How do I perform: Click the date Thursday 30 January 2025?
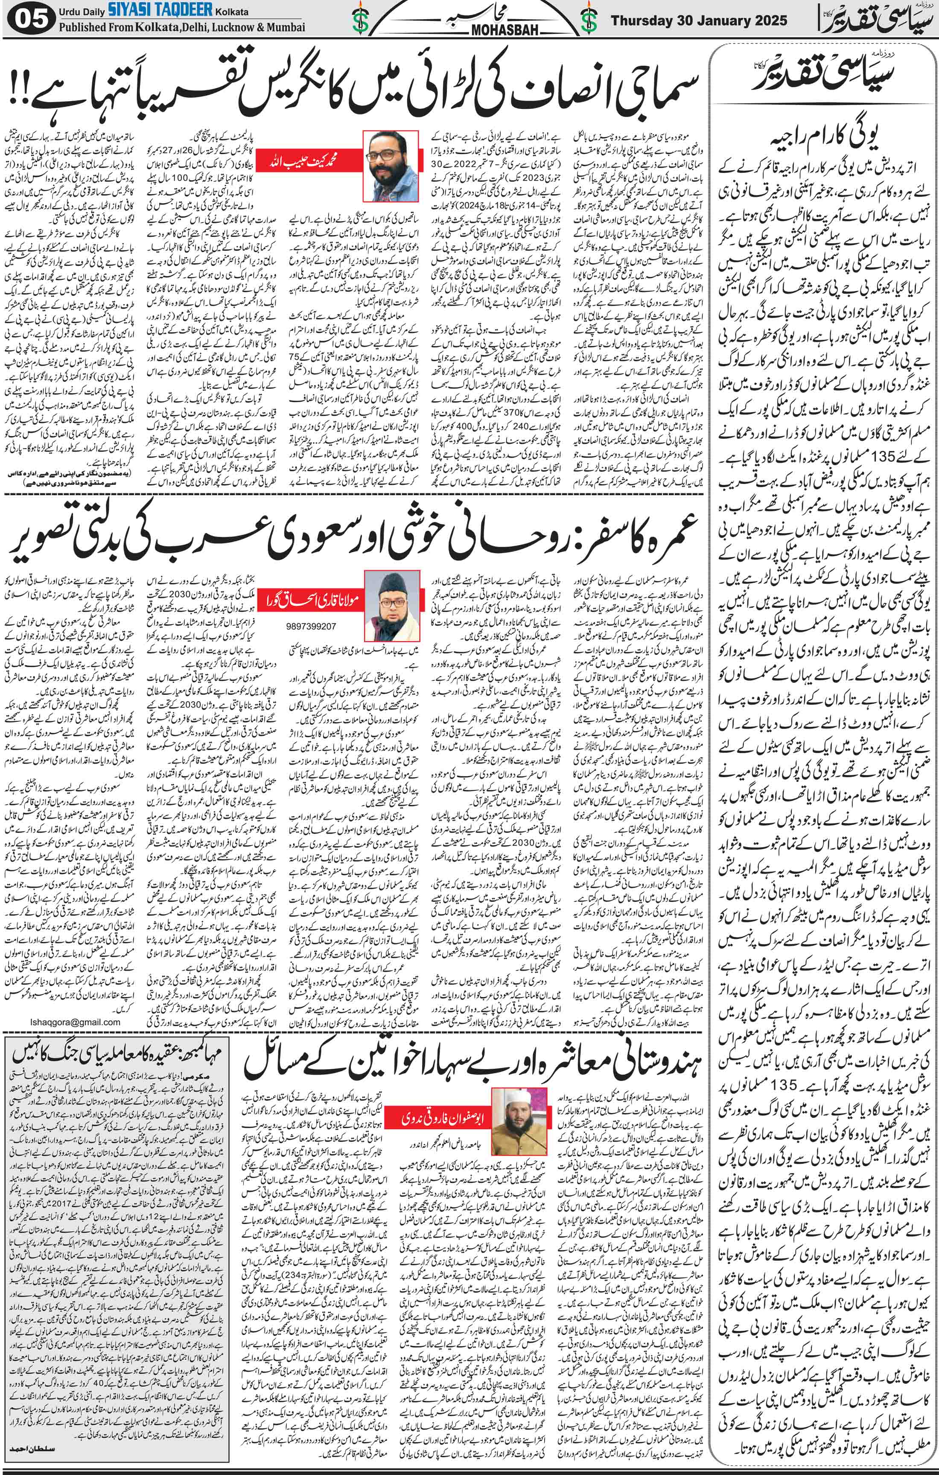[x=698, y=20]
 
